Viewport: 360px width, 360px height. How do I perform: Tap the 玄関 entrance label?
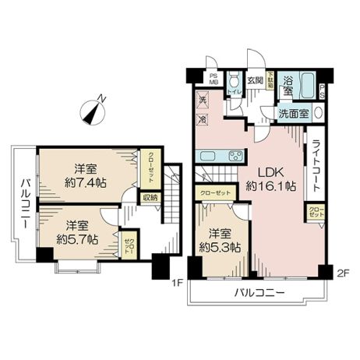coord(255,79)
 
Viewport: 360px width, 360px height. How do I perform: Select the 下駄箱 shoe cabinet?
coord(270,82)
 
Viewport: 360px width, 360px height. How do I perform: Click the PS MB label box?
coord(214,79)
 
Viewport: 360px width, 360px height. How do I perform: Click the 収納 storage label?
coord(150,197)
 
